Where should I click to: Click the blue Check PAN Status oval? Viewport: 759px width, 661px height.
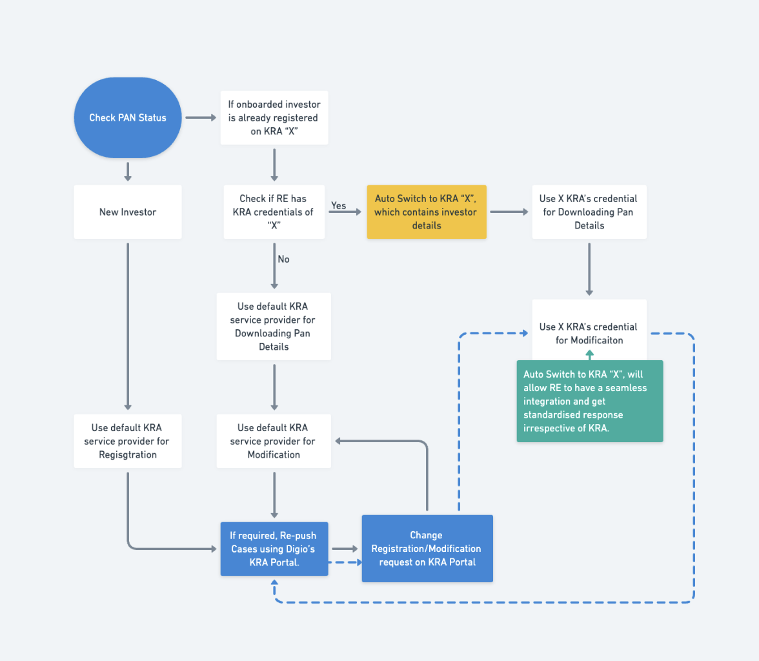click(x=128, y=117)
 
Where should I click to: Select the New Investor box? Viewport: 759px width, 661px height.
click(x=128, y=212)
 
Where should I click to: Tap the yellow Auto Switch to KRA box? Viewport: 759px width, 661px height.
click(x=427, y=212)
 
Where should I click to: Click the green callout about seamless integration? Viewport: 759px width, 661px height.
click(x=590, y=401)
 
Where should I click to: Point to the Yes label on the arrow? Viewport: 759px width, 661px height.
click(x=338, y=205)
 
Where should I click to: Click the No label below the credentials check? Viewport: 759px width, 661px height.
click(x=284, y=259)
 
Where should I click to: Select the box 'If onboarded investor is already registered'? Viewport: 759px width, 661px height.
click(x=274, y=117)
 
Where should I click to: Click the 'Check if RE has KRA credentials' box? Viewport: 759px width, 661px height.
click(x=274, y=212)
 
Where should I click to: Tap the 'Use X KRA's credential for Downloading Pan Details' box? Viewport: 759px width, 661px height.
click(x=589, y=212)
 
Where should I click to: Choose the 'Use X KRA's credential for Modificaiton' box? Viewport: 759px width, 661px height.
click(x=589, y=330)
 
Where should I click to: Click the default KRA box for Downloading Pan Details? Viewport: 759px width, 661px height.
click(x=274, y=327)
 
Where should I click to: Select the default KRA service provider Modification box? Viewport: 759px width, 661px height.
click(x=274, y=441)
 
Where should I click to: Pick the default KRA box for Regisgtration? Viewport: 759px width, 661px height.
click(x=128, y=441)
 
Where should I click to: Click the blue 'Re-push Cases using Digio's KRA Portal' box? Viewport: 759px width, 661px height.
click(x=274, y=549)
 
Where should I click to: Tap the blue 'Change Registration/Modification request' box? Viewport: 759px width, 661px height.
click(x=427, y=549)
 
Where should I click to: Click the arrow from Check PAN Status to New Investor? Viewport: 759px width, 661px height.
click(x=128, y=172)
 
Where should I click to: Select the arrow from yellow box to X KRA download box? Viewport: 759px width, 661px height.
click(x=509, y=212)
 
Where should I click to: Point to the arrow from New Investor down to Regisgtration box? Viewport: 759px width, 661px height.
click(x=128, y=327)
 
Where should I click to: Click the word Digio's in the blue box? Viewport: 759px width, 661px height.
click(x=300, y=549)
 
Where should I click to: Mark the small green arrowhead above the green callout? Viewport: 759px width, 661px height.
click(x=590, y=354)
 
